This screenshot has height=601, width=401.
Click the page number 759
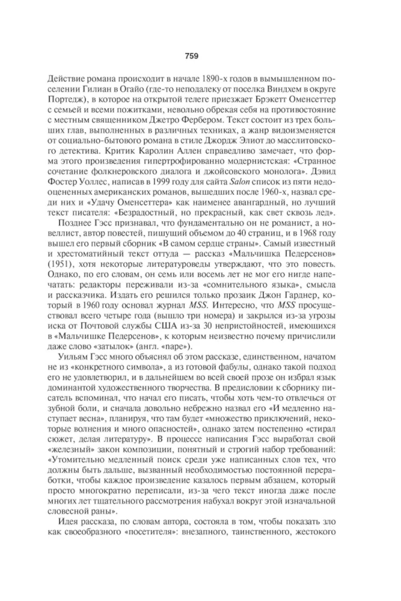coord(191,56)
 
